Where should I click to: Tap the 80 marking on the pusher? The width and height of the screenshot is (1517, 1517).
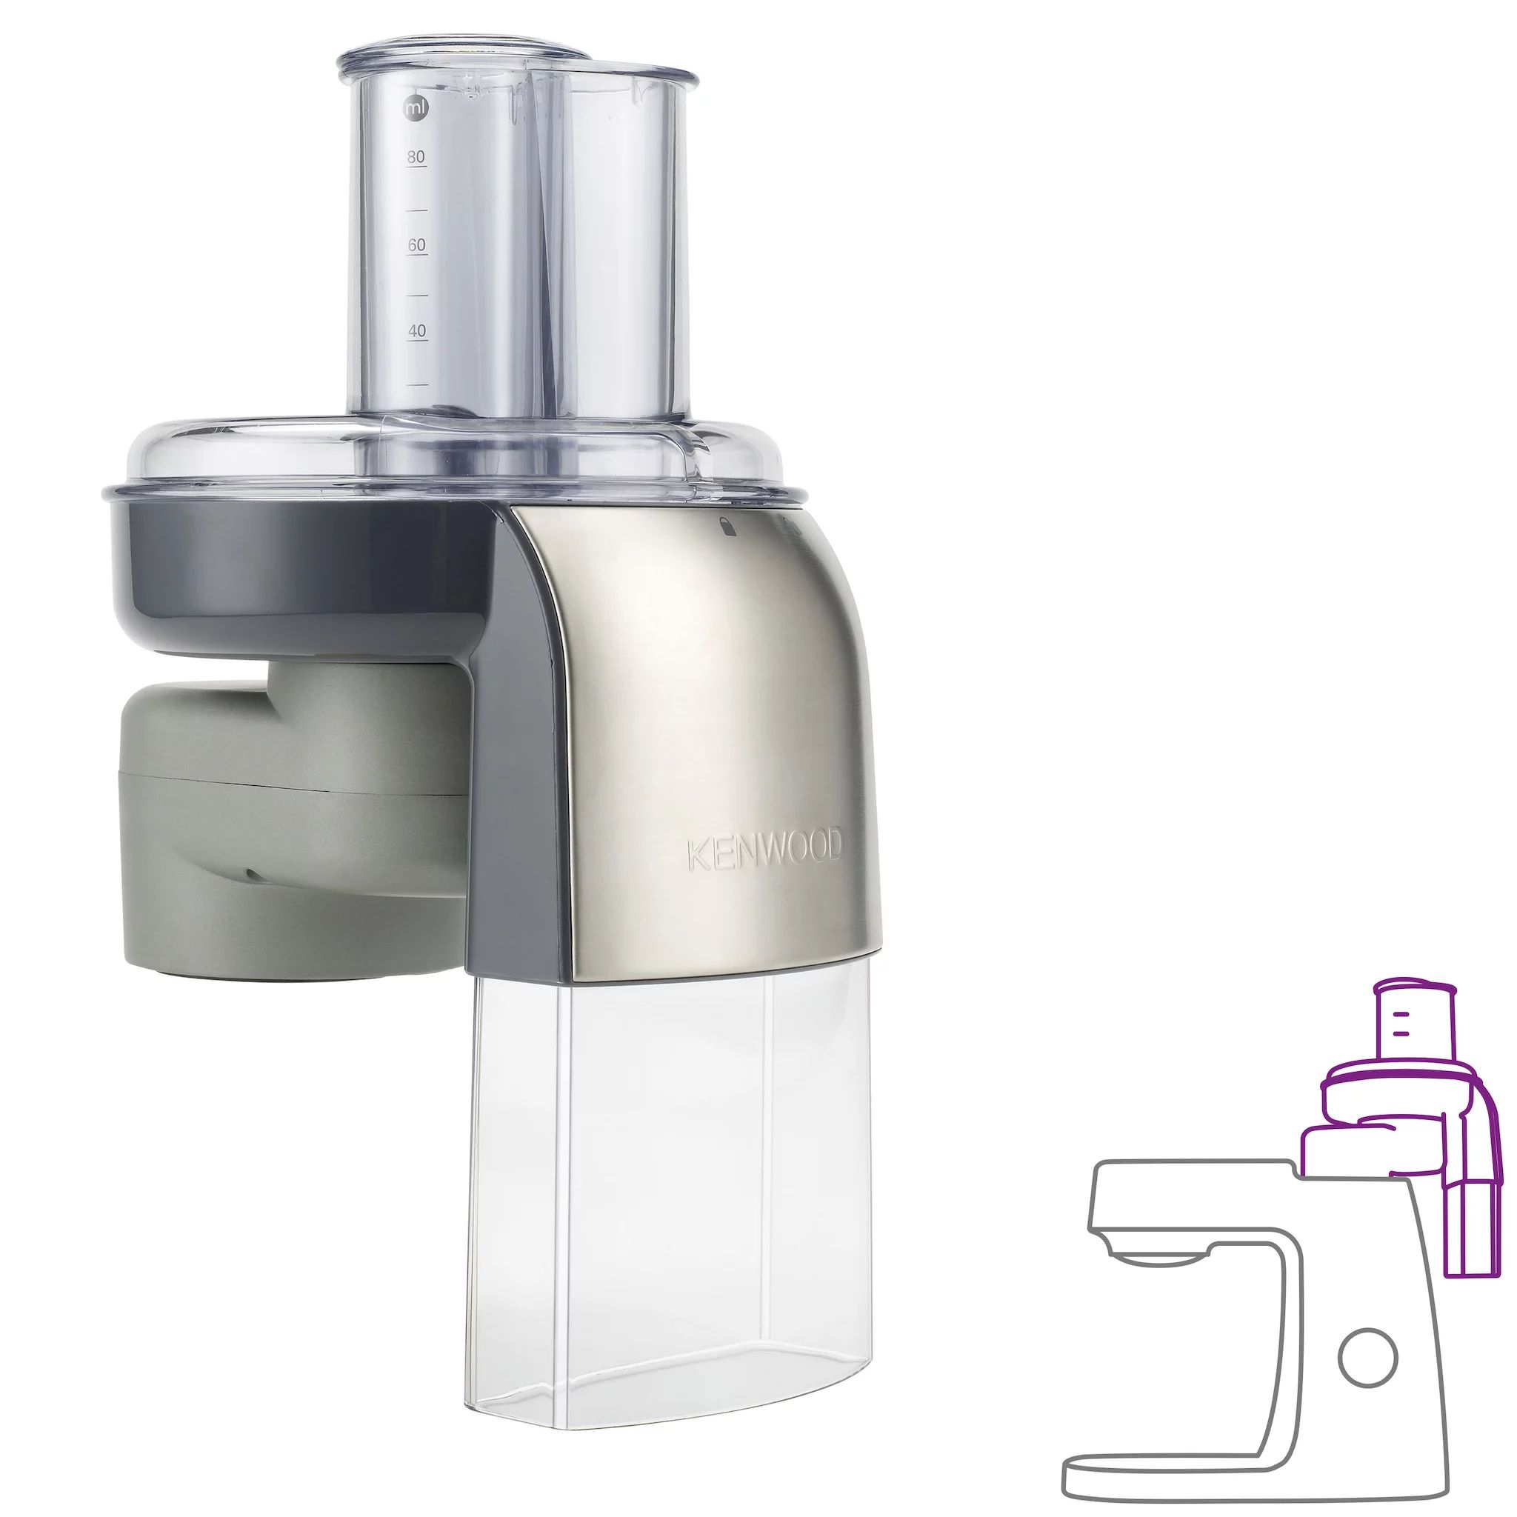416,157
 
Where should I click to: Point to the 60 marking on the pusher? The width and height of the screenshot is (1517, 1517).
417,245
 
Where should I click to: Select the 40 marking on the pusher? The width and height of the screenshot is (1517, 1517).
417,330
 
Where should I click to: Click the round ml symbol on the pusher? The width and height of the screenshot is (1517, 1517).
416,108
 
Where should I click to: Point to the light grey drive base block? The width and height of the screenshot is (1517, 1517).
290,824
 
